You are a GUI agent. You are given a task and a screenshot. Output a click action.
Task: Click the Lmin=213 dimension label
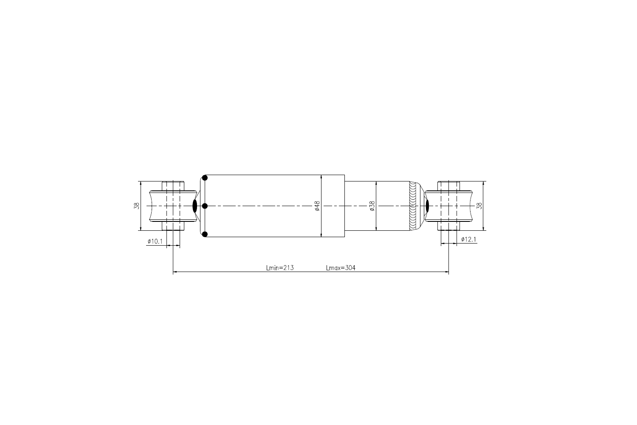click(x=280, y=268)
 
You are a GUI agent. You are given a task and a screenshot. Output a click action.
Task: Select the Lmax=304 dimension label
click(x=341, y=268)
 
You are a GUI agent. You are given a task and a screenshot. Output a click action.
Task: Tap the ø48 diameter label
click(x=317, y=206)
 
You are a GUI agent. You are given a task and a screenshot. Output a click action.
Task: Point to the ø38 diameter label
click(x=372, y=206)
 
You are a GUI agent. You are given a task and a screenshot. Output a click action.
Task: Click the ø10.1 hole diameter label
click(x=155, y=241)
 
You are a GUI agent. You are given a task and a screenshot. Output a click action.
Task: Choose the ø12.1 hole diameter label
click(x=468, y=239)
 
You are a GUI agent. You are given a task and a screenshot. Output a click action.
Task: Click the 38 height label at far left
click(x=137, y=206)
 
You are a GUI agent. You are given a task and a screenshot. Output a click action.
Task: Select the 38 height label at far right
click(x=479, y=206)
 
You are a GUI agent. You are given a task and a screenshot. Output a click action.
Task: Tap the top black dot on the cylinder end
click(x=205, y=178)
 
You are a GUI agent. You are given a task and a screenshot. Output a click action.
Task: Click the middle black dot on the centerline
click(x=205, y=206)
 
